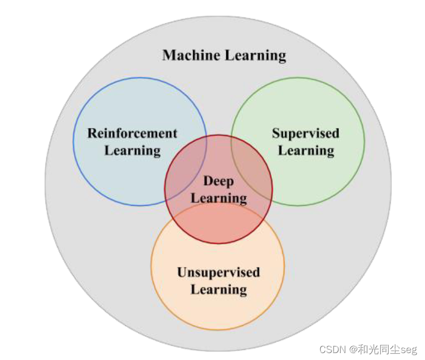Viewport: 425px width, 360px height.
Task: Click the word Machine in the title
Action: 190,55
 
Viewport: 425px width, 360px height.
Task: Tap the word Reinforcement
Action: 132,133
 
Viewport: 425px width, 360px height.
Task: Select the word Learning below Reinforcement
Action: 132,151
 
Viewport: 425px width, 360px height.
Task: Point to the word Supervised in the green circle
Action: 305,133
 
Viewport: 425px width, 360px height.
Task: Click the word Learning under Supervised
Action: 306,151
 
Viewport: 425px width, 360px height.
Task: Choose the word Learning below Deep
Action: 219,198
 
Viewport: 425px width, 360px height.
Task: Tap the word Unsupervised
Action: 218,273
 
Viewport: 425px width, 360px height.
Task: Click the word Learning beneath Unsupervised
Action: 219,290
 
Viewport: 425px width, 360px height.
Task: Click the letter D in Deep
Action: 207,181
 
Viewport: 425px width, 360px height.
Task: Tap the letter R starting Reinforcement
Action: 92,133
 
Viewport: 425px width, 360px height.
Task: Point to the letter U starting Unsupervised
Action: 183,273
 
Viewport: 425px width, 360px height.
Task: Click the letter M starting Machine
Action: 169,55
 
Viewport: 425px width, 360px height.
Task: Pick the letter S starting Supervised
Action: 276,133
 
